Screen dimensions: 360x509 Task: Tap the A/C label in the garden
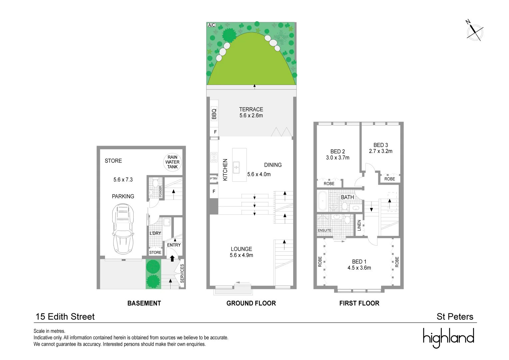tap(212, 25)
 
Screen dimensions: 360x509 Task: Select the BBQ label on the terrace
tap(214, 114)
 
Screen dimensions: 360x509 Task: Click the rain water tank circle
tap(173, 162)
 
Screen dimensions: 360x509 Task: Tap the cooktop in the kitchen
tap(214, 157)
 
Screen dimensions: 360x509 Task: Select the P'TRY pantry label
tap(214, 179)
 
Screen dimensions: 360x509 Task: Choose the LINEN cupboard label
tap(359, 225)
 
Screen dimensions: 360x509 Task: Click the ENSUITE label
tap(324, 230)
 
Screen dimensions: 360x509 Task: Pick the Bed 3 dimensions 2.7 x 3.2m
tap(380, 151)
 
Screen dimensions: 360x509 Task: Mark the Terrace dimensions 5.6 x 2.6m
tap(251, 116)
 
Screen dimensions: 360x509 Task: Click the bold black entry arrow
tap(172, 258)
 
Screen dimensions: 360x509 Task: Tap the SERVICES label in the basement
tap(182, 273)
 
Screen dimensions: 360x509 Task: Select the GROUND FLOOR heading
tap(251, 303)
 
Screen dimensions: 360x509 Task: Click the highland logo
tap(448, 338)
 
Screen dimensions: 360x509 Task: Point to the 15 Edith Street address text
tap(65, 317)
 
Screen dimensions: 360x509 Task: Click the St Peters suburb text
tap(455, 317)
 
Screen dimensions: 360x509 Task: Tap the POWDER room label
tap(160, 191)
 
